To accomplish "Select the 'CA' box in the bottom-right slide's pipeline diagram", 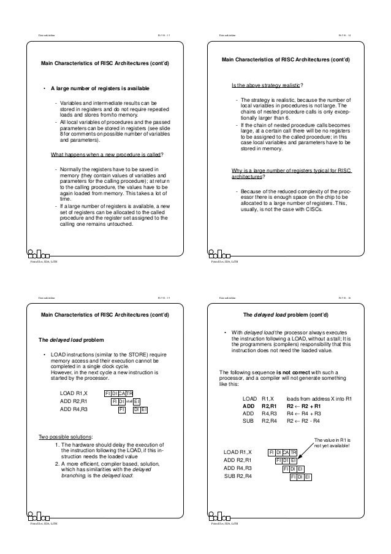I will click(x=293, y=452).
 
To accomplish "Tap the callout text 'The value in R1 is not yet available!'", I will click(x=331, y=443).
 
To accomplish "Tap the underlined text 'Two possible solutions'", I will click(x=66, y=436).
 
